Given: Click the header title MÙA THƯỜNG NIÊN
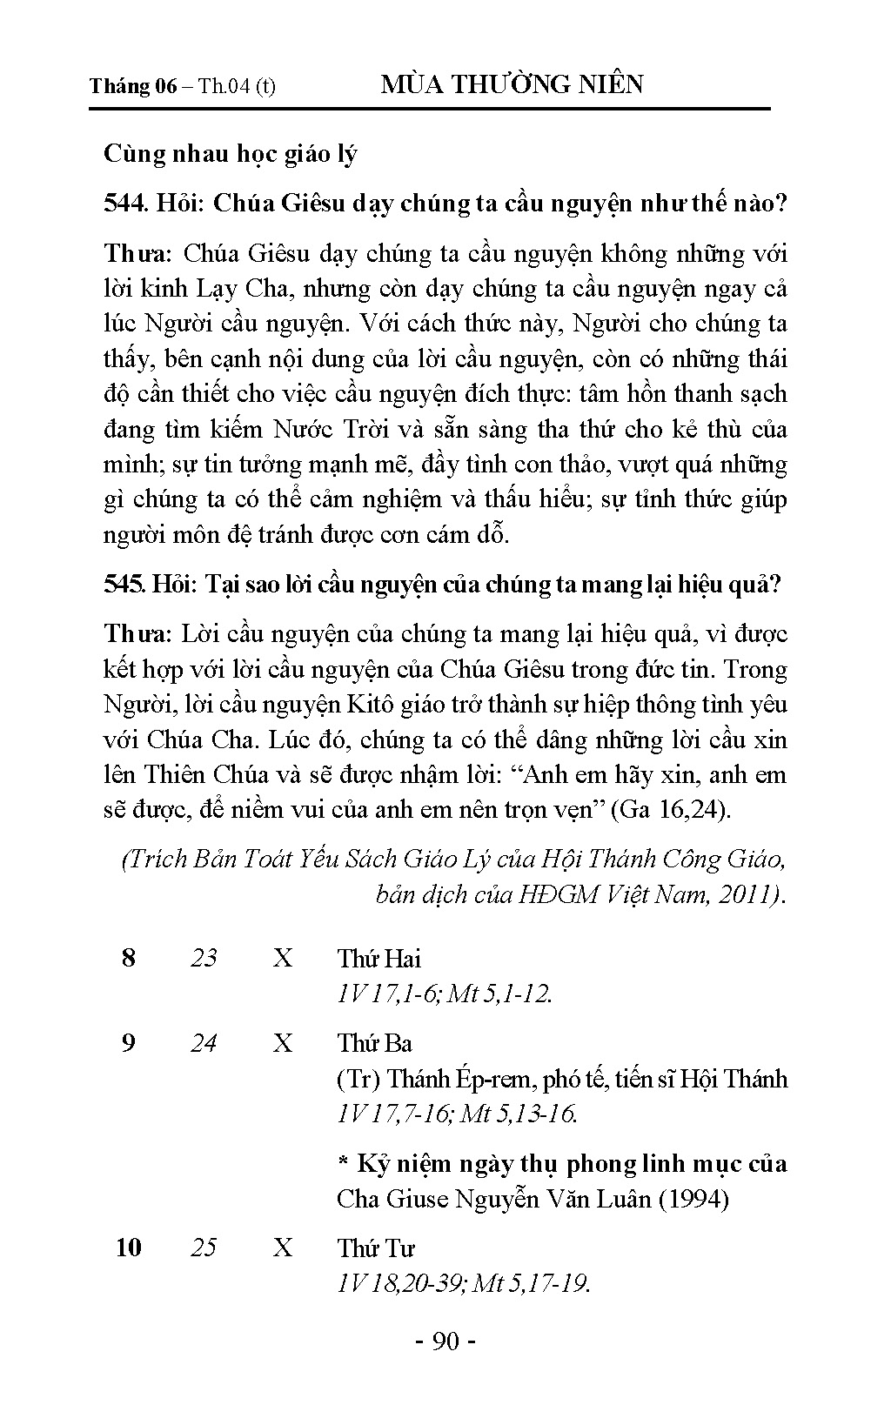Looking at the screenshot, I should click(512, 84).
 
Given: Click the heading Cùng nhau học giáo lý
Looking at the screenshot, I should click(231, 154).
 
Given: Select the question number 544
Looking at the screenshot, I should click(124, 204).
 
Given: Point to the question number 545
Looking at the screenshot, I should click(124, 584).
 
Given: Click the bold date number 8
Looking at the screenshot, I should click(129, 959).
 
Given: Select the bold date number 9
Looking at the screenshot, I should click(129, 1043).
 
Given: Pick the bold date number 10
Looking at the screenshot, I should click(129, 1248).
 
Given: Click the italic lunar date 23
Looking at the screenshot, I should click(204, 959).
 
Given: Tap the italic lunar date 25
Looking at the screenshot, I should click(204, 1248).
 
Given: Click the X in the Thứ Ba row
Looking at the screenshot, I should click(283, 1043).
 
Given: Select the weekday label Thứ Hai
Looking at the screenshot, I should click(379, 959).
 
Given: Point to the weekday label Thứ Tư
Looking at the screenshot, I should click(376, 1248).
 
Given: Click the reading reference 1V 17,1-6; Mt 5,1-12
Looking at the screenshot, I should click(445, 994).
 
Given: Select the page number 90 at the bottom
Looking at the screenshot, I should click(445, 1341).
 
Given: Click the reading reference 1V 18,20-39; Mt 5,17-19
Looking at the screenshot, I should click(463, 1283).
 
